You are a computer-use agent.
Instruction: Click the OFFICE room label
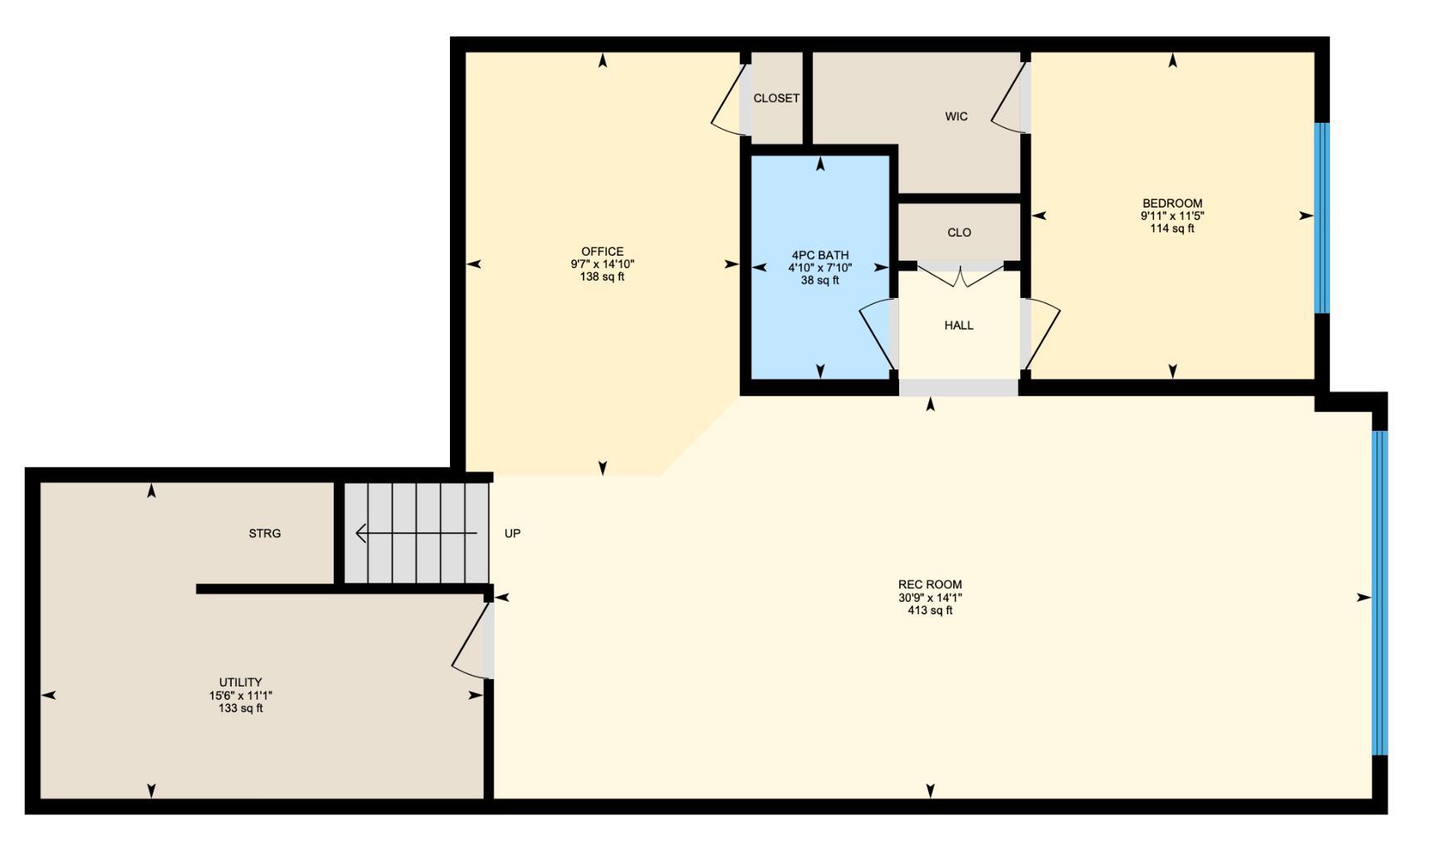point(602,252)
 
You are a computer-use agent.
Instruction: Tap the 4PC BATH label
point(819,255)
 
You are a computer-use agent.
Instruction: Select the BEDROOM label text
point(1171,203)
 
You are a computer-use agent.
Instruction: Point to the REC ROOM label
point(929,584)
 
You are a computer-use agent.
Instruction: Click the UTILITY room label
point(240,682)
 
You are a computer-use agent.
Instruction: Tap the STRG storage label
point(265,533)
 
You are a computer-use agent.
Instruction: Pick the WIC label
point(956,116)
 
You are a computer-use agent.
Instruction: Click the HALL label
point(958,325)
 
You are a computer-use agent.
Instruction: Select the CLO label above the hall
point(959,232)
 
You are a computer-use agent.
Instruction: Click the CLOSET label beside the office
point(776,98)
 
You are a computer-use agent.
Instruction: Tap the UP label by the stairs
point(512,533)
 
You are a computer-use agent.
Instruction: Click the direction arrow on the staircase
point(415,533)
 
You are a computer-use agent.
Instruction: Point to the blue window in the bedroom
point(1322,218)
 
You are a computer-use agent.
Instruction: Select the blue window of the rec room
point(1379,593)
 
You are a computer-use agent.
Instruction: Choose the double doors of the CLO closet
point(959,276)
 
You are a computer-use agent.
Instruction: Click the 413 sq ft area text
point(929,611)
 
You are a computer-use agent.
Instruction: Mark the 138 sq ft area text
point(602,277)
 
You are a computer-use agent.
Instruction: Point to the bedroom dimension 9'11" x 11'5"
point(1171,216)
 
